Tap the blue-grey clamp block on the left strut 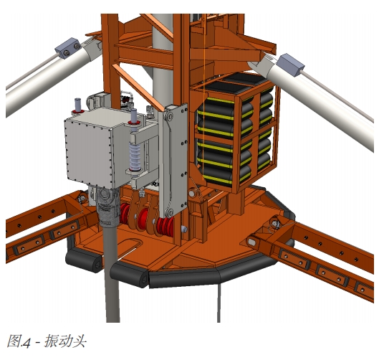68,48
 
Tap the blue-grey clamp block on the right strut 290,65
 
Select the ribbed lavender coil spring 135,157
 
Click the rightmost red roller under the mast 165,226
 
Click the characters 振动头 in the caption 65,341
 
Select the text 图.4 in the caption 19,341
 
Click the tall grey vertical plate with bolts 173,160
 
